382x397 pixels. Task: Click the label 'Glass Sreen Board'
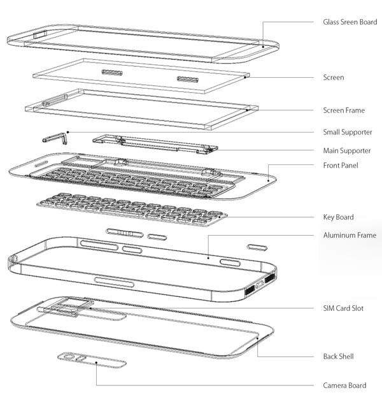pyautogui.click(x=350, y=22)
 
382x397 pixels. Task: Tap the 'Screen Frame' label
pyautogui.click(x=344, y=110)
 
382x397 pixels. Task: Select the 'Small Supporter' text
pyautogui.click(x=348, y=132)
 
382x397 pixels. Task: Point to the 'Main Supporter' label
pyautogui.click(x=346, y=150)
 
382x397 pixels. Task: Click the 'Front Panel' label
pyautogui.click(x=341, y=165)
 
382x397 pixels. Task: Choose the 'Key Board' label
pyautogui.click(x=338, y=217)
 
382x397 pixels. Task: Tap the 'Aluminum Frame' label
pyautogui.click(x=350, y=235)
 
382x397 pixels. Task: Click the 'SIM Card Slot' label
pyautogui.click(x=343, y=308)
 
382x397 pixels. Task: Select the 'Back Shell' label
pyautogui.click(x=338, y=356)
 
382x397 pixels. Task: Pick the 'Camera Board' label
pyautogui.click(x=344, y=385)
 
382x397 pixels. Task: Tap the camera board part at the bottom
pyautogui.click(x=92, y=360)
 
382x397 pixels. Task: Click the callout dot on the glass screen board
pyautogui.click(x=263, y=47)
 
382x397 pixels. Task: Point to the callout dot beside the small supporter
pyautogui.click(x=67, y=132)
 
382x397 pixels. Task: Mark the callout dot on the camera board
pyautogui.click(x=96, y=363)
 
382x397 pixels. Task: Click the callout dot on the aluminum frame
pyautogui.click(x=208, y=258)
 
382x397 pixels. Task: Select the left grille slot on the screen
pyautogui.click(x=112, y=73)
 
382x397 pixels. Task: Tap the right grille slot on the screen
pyautogui.click(x=187, y=79)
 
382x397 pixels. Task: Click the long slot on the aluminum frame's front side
pyautogui.click(x=114, y=282)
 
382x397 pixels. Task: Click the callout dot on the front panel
pyautogui.click(x=268, y=180)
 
